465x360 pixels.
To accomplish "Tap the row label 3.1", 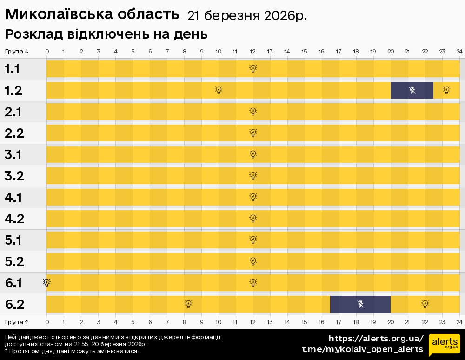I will click(14, 155).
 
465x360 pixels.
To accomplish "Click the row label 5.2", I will click(14, 262).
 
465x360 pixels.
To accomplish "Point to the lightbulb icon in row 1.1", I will click(253, 69).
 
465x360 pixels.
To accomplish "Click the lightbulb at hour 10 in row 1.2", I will click(219, 90).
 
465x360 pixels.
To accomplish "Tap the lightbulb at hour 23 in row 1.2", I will click(446, 90).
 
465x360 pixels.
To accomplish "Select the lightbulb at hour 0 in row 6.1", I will click(46, 282).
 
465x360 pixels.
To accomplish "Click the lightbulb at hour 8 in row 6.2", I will click(188, 304).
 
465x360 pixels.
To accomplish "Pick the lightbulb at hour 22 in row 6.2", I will click(425, 304).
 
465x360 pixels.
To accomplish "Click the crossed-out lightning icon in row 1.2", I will click(412, 90).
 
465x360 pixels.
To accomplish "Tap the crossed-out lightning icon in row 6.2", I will click(360, 304).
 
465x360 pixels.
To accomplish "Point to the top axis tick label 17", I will click(339, 51).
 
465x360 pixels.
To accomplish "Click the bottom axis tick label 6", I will click(150, 322).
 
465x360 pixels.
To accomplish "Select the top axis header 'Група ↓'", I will click(17, 51).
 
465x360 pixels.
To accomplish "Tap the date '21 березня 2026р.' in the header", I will click(246, 16).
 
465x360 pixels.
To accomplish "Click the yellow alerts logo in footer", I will click(444, 345).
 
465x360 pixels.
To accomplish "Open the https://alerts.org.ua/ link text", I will click(376, 338).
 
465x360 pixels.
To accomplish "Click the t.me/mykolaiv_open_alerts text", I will click(363, 349).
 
